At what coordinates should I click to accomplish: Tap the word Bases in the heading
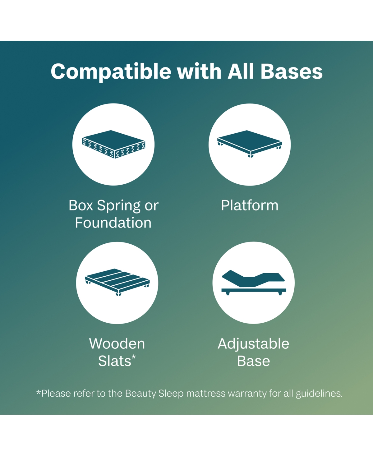(x=292, y=71)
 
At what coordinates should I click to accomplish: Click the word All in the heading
(x=241, y=71)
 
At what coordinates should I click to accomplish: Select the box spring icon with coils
(x=113, y=144)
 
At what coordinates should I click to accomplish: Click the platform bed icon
(x=250, y=144)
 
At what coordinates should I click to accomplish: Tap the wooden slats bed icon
(x=117, y=282)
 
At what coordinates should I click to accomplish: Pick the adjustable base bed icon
(x=254, y=282)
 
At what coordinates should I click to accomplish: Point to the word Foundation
(x=113, y=223)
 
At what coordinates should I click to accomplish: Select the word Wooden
(x=117, y=343)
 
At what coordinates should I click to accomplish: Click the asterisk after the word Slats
(x=134, y=357)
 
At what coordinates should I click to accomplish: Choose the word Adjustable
(x=253, y=344)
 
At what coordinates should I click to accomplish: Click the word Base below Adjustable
(x=253, y=361)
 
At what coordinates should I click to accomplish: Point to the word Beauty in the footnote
(x=140, y=393)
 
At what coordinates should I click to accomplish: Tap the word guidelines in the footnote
(x=319, y=393)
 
